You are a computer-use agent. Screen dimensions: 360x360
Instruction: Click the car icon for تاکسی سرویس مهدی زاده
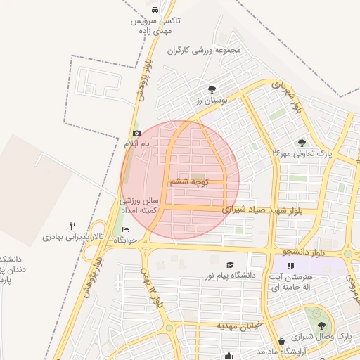tap(155, 11)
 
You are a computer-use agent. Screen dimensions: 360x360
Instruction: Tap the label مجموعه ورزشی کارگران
tap(205, 51)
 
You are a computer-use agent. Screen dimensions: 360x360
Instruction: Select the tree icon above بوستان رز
tap(212, 89)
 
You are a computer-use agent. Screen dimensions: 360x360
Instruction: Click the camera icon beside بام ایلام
tap(136, 133)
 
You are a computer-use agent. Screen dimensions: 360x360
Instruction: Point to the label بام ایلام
tap(138, 143)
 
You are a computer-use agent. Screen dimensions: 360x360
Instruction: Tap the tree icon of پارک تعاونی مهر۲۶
tap(302, 143)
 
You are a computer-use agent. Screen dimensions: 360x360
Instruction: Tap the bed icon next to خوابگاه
tap(126, 229)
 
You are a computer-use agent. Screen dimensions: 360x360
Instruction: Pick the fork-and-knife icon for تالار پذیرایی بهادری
tap(72, 226)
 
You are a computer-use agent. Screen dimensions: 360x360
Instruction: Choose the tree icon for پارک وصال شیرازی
tap(322, 326)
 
